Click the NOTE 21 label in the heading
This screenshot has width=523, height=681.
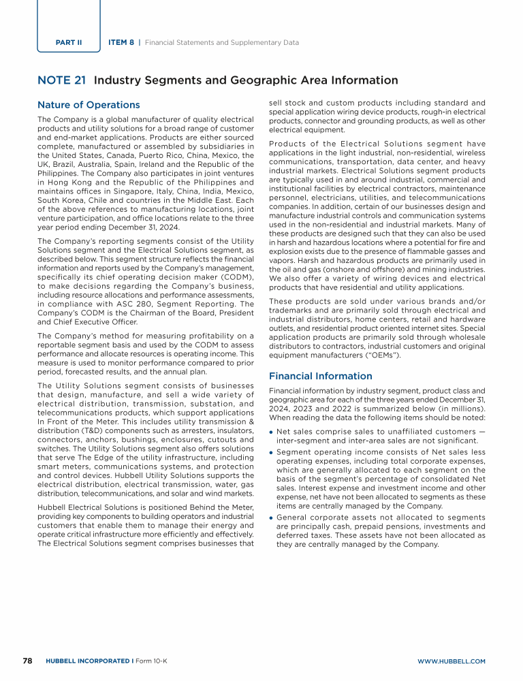point(61,80)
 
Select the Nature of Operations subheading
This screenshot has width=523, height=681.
point(89,105)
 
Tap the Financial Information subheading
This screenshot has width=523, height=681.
point(312,375)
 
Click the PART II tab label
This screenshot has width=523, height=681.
point(69,42)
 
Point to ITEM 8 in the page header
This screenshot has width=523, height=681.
point(121,42)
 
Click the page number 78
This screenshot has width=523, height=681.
point(28,661)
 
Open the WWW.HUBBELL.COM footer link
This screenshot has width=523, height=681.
point(451,661)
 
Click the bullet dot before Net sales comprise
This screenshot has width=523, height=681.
point(272,432)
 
